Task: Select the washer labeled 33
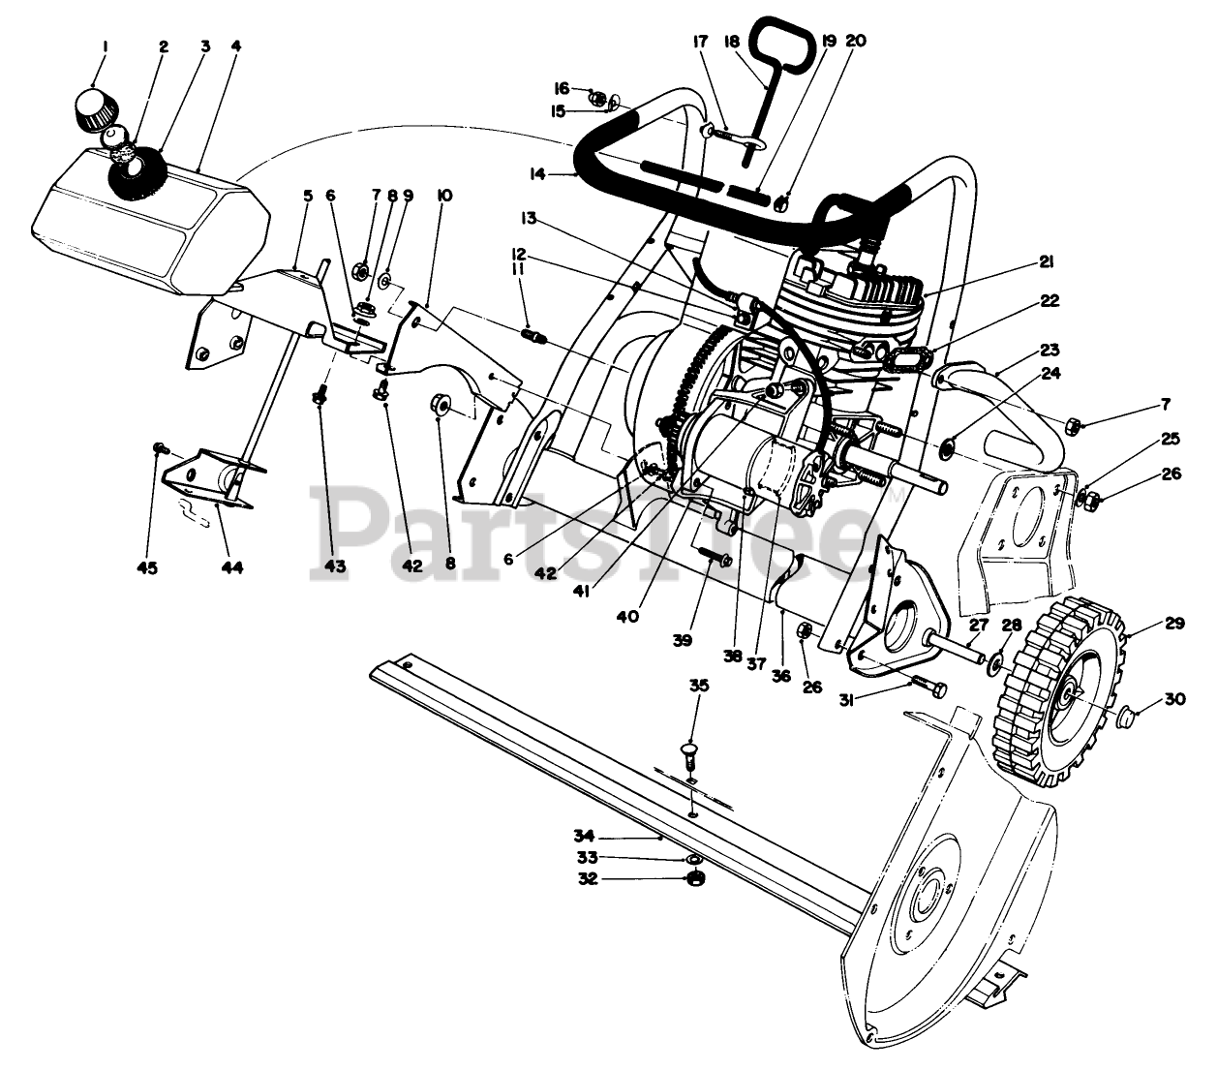(x=693, y=858)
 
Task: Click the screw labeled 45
(x=161, y=449)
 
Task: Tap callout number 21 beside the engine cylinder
(x=1048, y=261)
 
